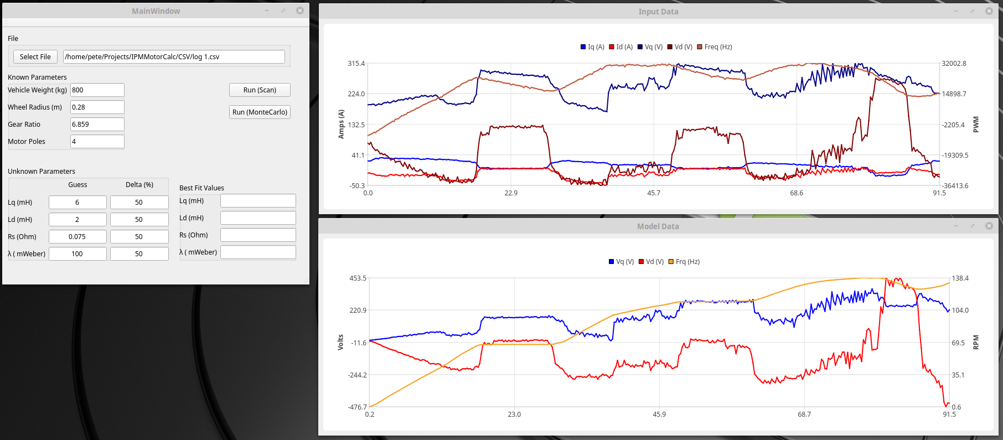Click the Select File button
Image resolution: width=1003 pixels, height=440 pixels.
point(35,57)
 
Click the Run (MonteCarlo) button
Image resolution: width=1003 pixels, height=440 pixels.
point(260,112)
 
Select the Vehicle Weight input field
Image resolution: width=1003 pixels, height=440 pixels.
point(97,90)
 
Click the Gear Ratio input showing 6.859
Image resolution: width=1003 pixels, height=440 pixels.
point(97,125)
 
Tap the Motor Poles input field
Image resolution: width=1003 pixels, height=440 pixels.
point(97,142)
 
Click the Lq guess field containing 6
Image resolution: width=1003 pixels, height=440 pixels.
point(77,203)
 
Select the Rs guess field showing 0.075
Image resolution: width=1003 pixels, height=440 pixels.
point(77,237)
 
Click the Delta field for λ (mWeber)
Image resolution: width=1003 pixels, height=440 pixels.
point(139,254)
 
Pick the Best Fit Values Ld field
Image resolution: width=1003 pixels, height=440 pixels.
point(258,218)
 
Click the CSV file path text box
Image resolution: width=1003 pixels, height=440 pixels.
point(174,57)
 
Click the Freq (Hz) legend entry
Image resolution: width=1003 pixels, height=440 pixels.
point(715,47)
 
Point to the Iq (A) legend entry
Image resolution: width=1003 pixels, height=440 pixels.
point(592,47)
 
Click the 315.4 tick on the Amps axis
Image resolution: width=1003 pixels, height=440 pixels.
point(356,64)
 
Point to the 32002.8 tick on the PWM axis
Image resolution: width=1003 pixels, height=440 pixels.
point(954,64)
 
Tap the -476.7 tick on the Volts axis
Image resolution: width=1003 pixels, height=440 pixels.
point(357,407)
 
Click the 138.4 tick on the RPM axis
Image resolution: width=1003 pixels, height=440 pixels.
point(960,278)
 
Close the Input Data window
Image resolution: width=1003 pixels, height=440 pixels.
point(989,11)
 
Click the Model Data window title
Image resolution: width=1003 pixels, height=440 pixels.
point(658,226)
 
